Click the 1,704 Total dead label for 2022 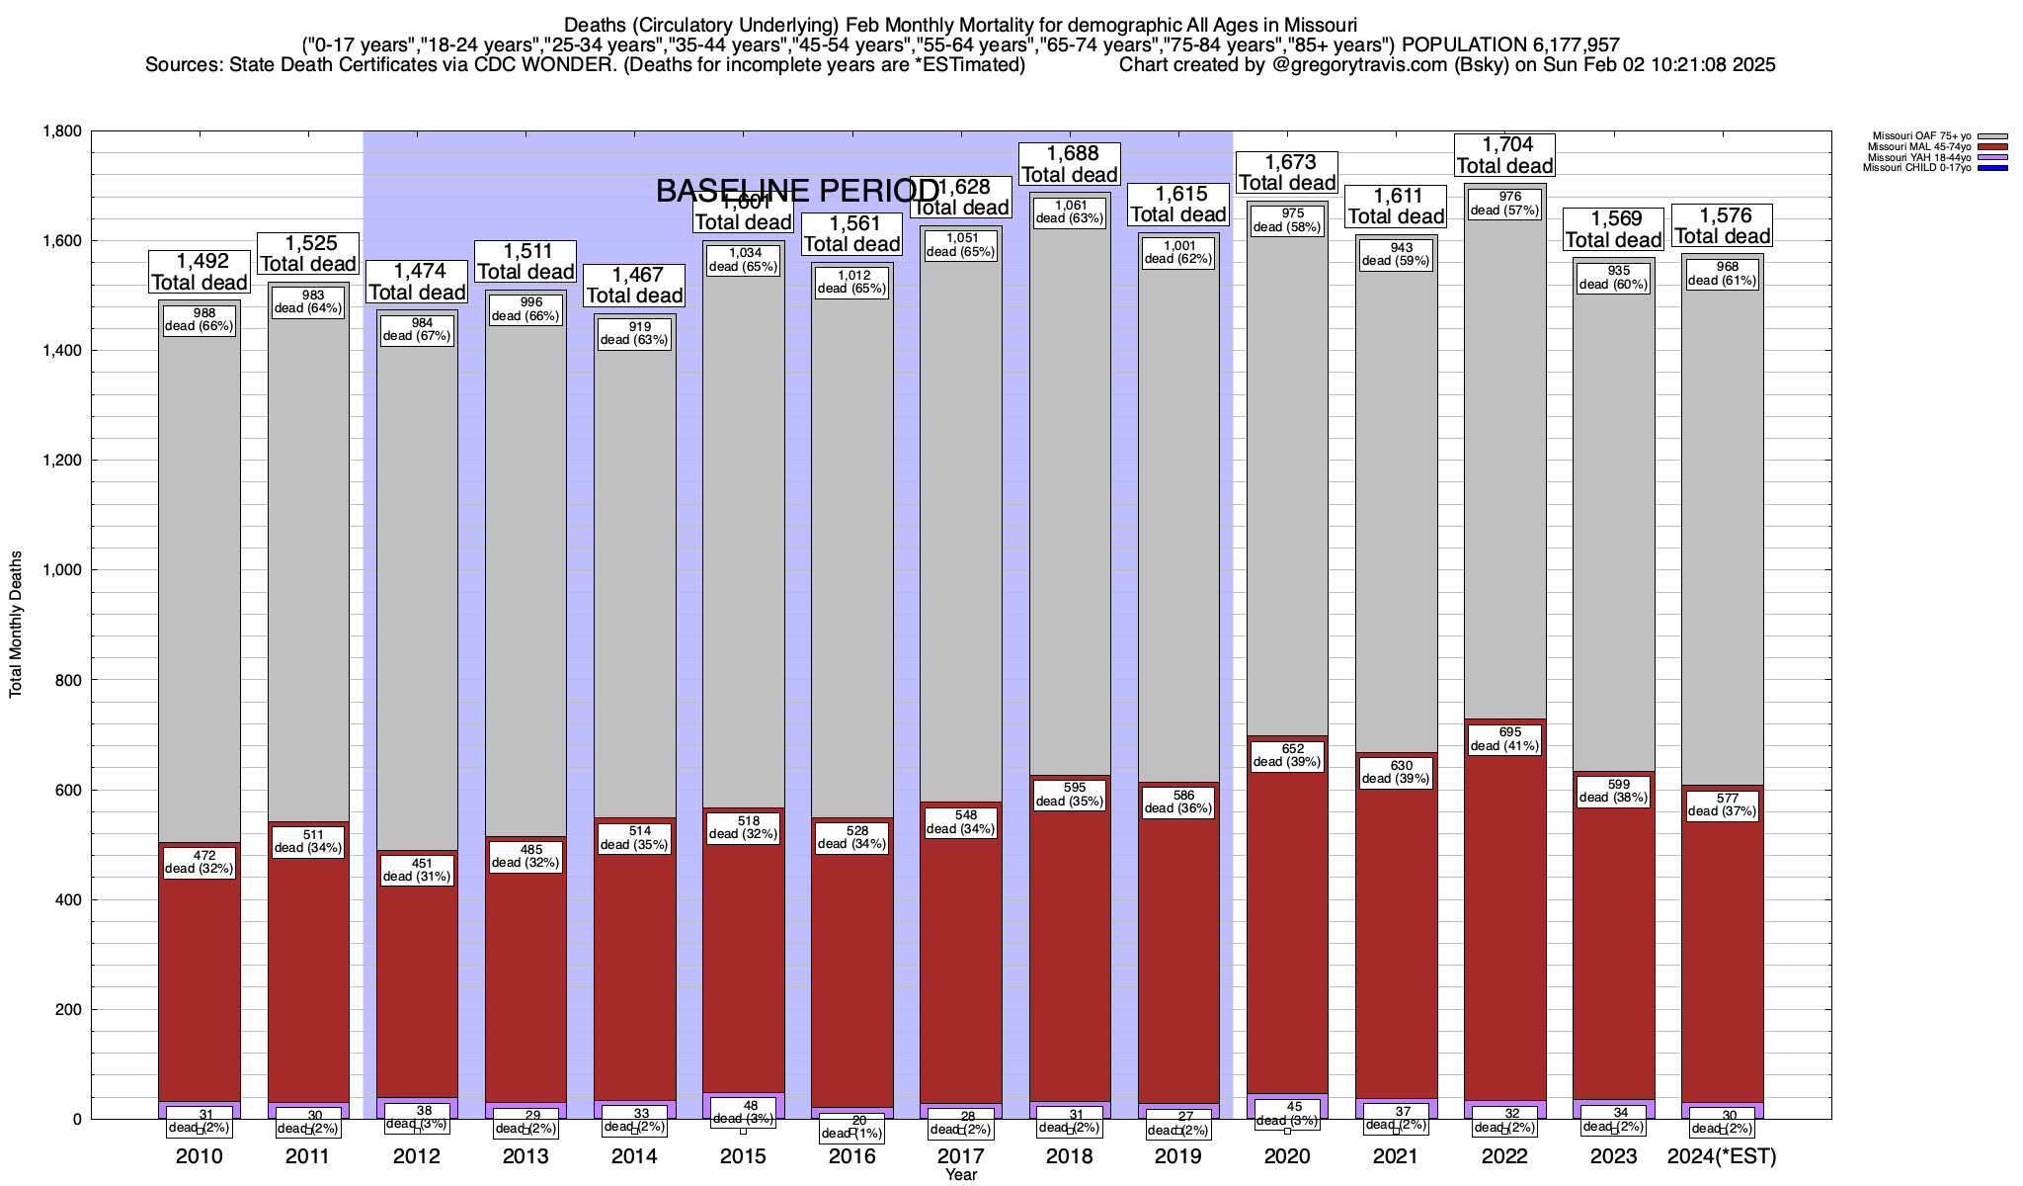click(x=1505, y=156)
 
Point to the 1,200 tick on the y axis click(x=60, y=461)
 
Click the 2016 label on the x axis click(x=851, y=1155)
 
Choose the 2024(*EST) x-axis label click(x=1722, y=1155)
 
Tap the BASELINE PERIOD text click(x=798, y=192)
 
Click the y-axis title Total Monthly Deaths click(x=16, y=624)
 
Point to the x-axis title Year click(x=960, y=1174)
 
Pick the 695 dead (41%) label click(x=1505, y=739)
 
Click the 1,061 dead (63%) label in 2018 click(x=1070, y=212)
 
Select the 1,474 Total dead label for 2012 click(x=417, y=282)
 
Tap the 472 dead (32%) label click(x=200, y=862)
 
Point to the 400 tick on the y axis click(x=69, y=899)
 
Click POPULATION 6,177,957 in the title click(x=1510, y=44)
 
